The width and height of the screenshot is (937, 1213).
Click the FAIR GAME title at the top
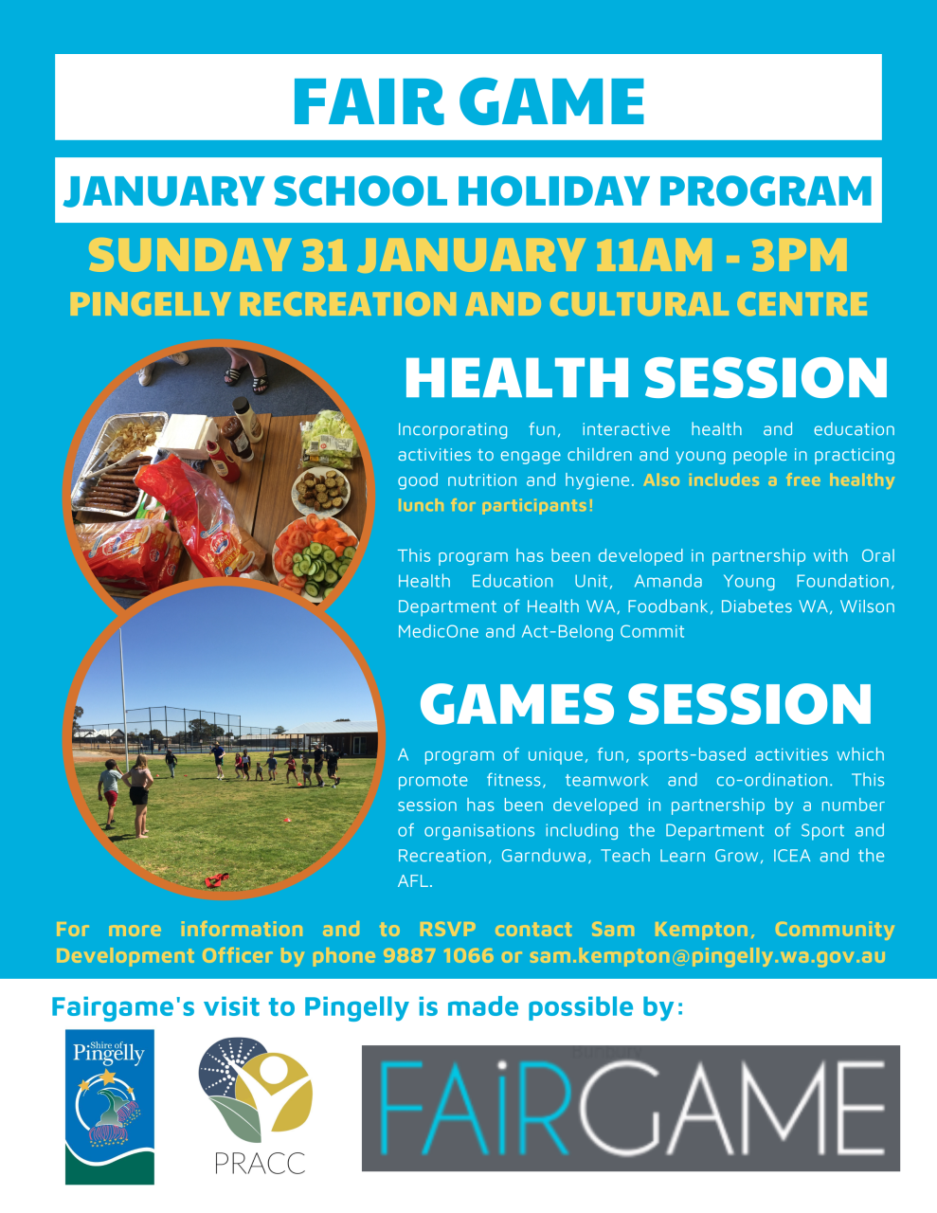pos(468,100)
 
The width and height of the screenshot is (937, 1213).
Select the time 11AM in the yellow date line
pos(654,255)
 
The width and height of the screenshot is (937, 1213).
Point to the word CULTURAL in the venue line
pos(639,304)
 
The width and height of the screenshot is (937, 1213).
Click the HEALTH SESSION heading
pos(646,378)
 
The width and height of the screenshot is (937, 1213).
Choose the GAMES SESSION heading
pos(645,704)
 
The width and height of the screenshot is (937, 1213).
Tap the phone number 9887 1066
pos(438,956)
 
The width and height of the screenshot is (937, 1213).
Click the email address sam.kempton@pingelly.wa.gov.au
pos(707,957)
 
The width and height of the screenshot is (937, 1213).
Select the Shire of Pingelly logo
pos(109,1107)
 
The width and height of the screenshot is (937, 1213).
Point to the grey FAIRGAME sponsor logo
pos(631,1108)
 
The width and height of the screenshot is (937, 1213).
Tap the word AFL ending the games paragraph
pos(415,881)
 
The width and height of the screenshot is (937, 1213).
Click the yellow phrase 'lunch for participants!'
pos(496,506)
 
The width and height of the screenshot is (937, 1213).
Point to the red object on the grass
pos(217,881)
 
